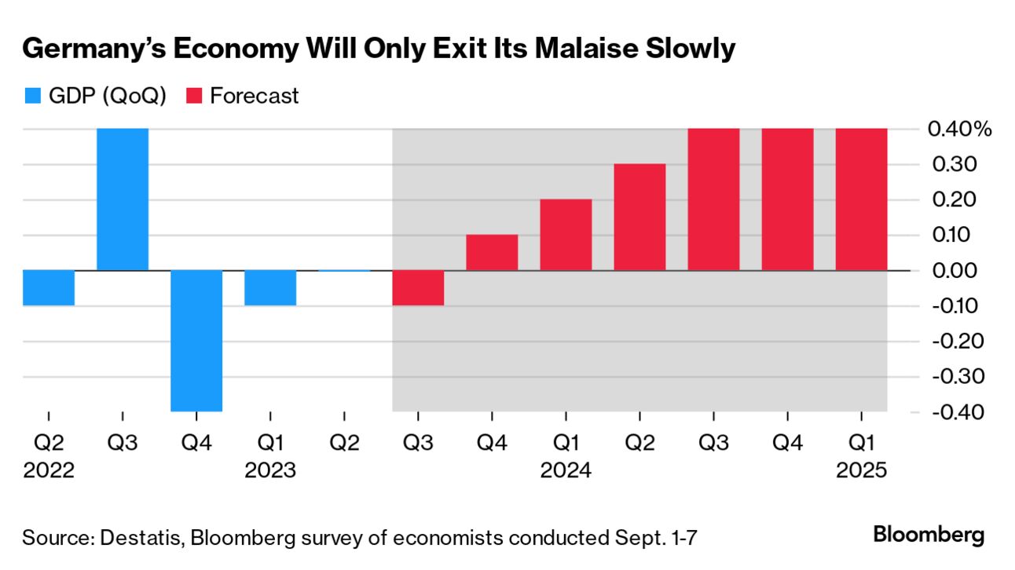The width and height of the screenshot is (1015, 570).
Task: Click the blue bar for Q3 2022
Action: coord(123,199)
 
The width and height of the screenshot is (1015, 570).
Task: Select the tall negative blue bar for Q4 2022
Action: coord(196,341)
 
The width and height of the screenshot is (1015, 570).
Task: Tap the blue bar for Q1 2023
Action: coord(270,287)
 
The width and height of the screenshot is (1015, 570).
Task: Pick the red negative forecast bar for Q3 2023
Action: coord(418,287)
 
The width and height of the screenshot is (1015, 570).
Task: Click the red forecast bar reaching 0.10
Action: coord(492,253)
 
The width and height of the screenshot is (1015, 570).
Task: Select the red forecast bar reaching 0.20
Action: coord(566,235)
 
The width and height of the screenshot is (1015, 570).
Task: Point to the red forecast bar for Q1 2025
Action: coord(861,199)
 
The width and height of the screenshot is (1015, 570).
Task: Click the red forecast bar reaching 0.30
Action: coord(639,217)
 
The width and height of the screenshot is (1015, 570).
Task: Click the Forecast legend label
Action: coord(255,97)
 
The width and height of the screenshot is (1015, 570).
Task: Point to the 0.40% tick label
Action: coord(959,129)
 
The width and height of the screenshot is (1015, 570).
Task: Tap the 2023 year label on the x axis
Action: coord(270,471)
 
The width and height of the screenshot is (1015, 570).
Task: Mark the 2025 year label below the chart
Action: coord(861,471)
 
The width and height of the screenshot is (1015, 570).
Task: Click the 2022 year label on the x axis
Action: coord(49,471)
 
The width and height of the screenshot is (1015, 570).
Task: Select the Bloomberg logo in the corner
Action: coord(929,535)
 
